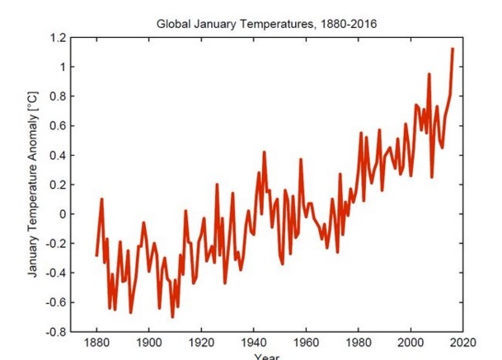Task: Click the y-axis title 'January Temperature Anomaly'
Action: pyautogui.click(x=34, y=185)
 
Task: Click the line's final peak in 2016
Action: pyautogui.click(x=453, y=49)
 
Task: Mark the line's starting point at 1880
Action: pyautogui.click(x=96, y=255)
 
